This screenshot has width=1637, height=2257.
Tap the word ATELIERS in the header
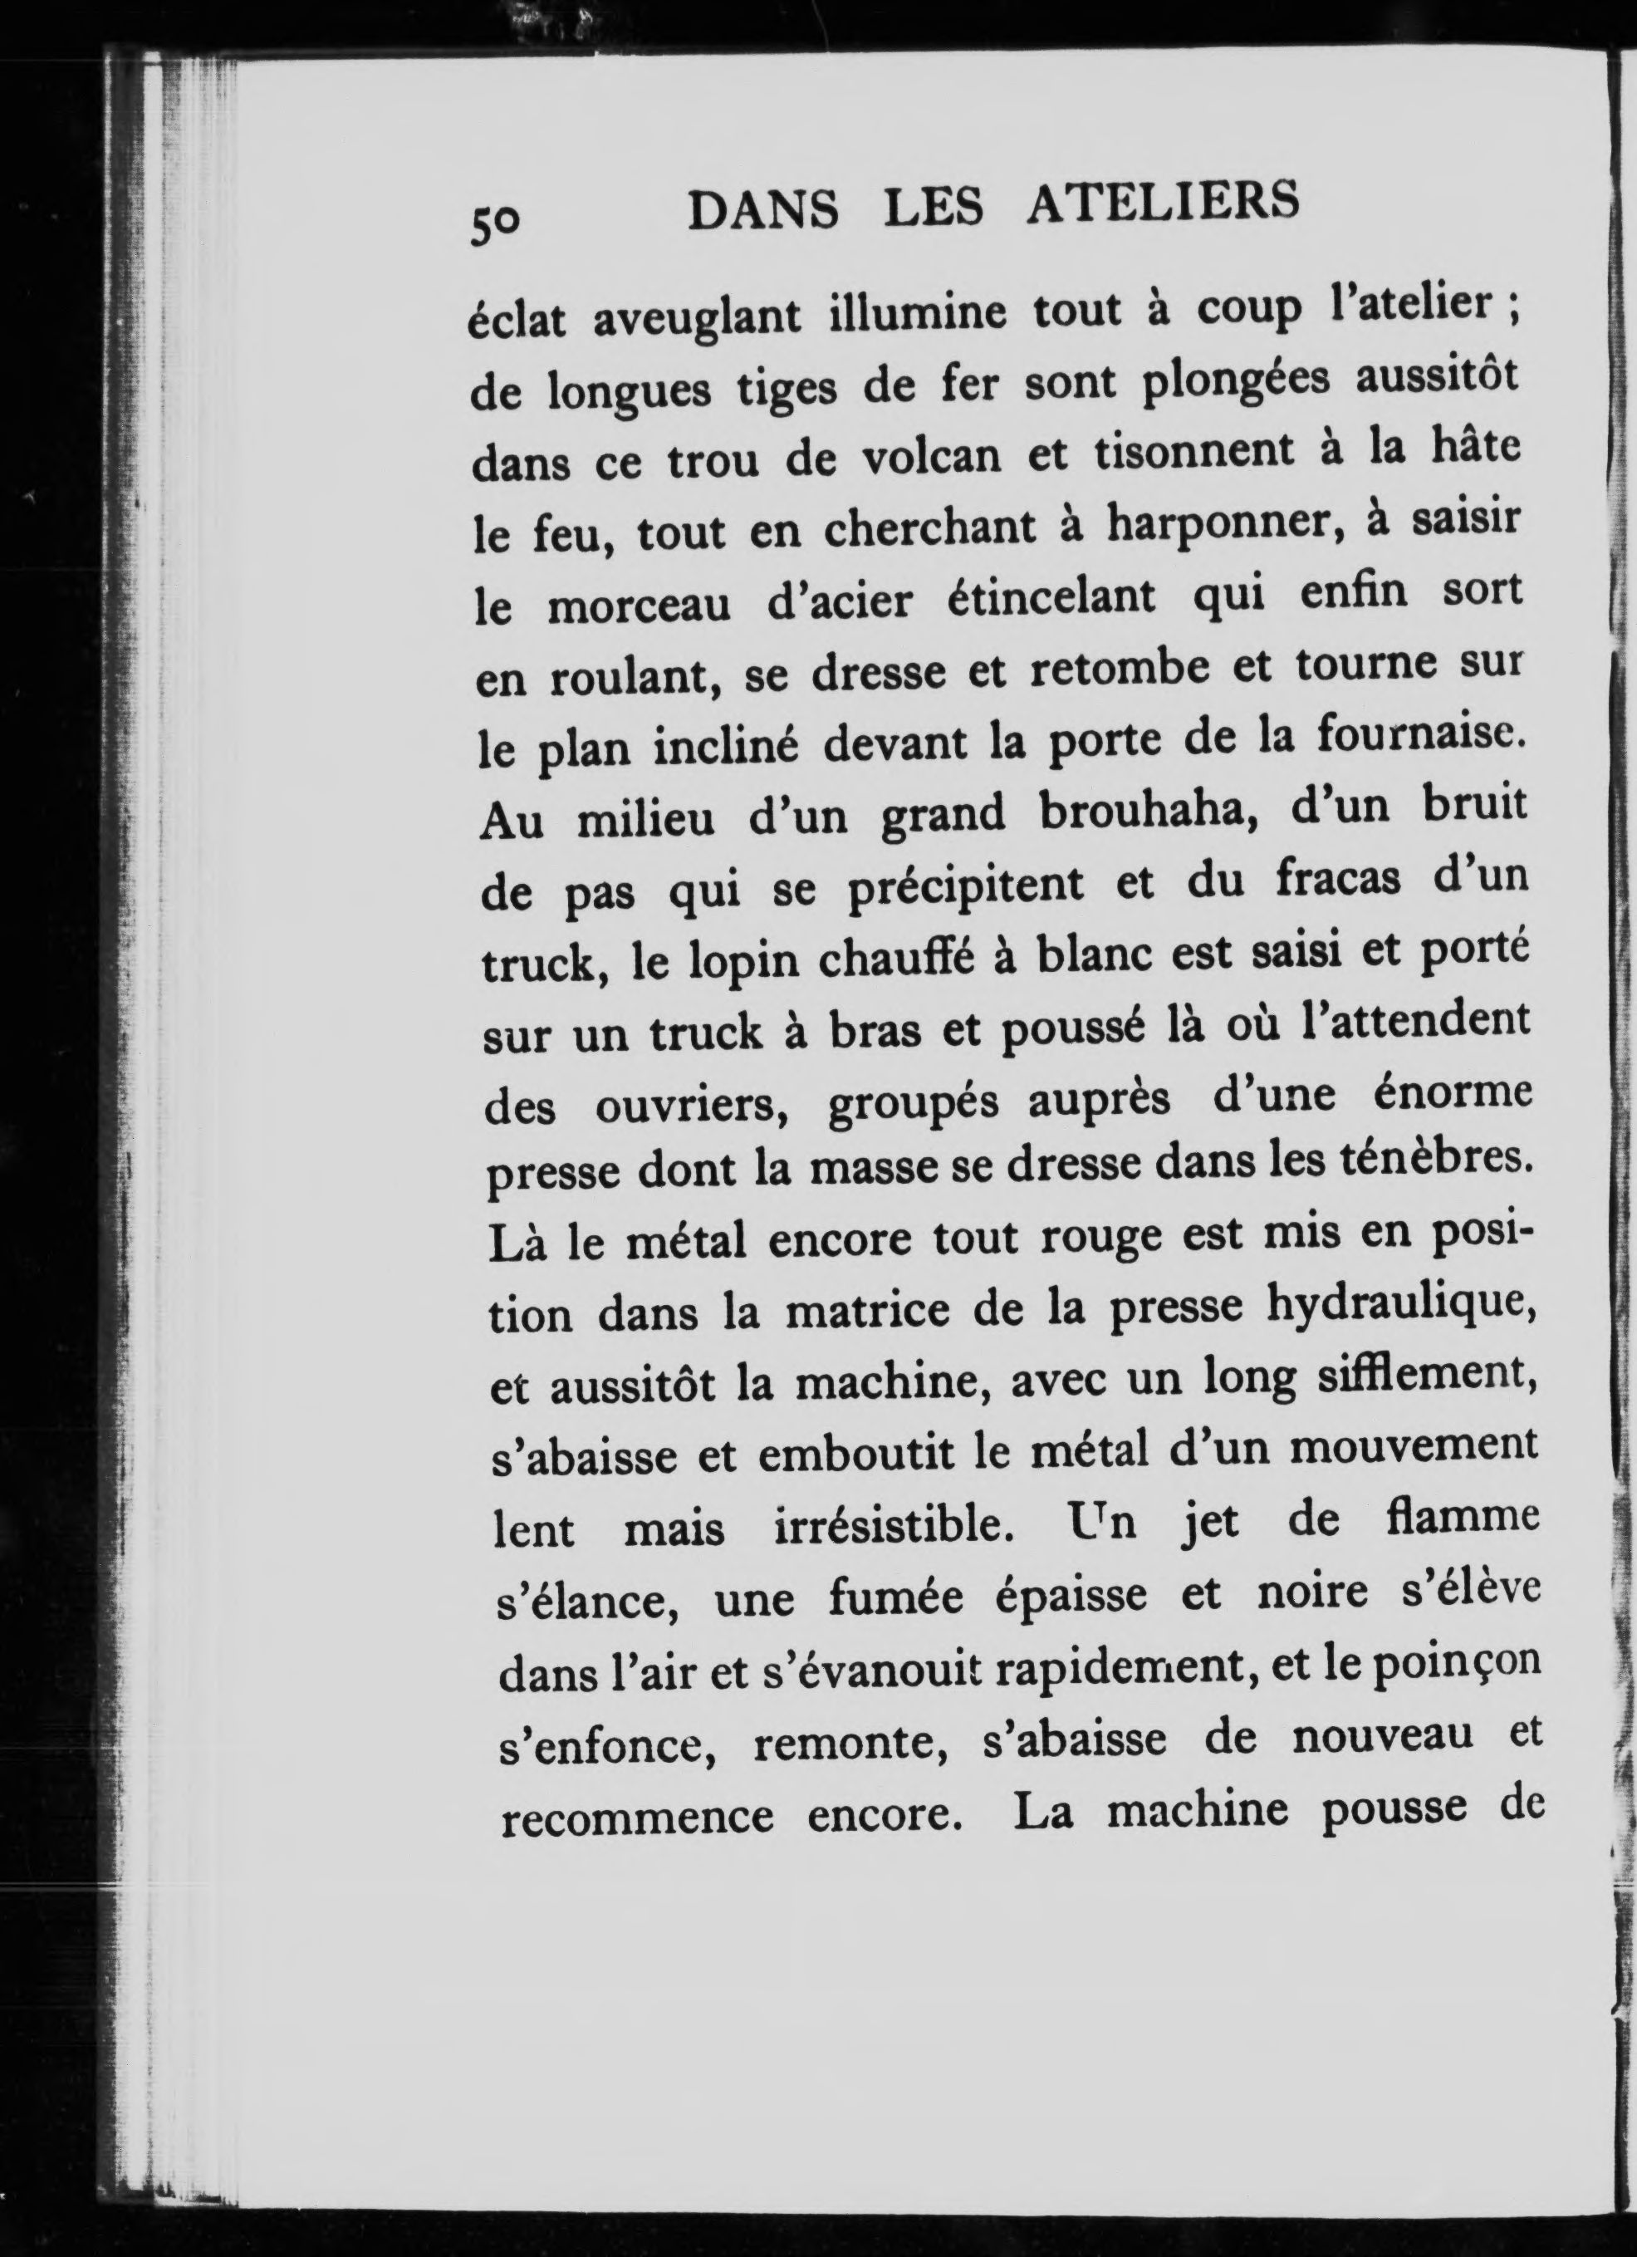[1161, 204]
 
